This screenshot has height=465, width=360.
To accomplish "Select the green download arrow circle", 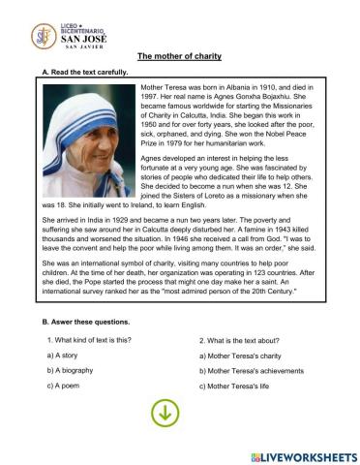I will tap(165, 413).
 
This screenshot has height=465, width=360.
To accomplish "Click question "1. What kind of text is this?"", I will tap(89, 340).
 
